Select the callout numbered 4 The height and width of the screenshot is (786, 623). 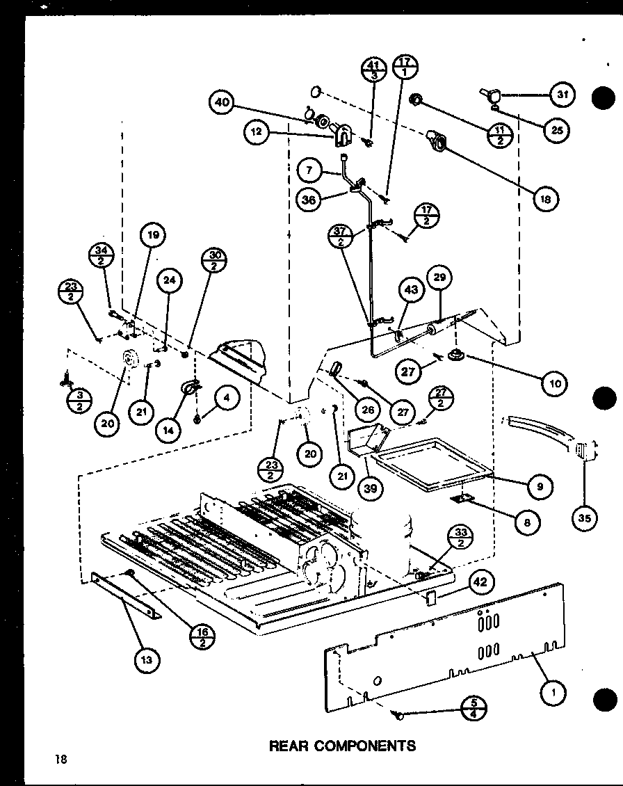point(225,399)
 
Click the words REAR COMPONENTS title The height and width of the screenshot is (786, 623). point(341,746)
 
